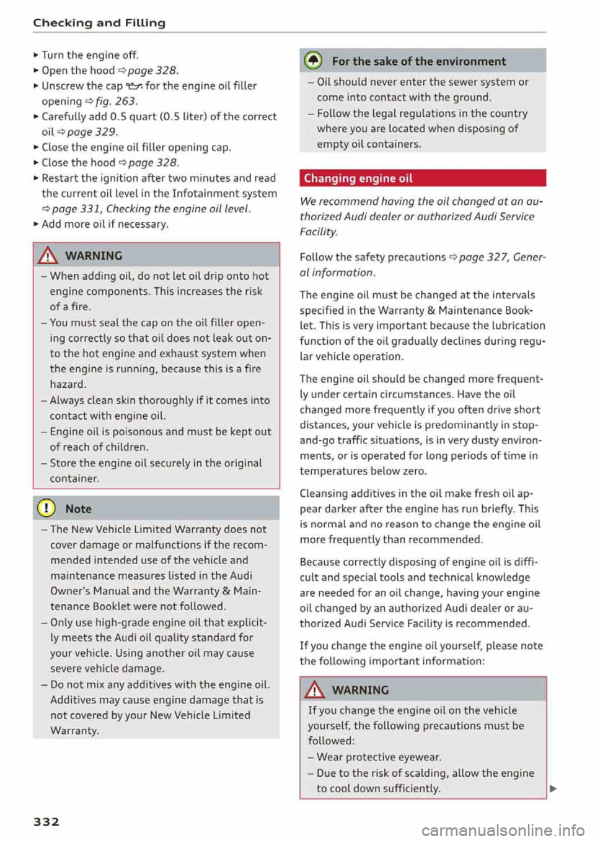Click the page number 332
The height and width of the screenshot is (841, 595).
[46, 822]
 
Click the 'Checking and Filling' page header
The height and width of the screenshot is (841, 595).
[99, 23]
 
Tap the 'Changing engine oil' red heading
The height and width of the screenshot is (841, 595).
[358, 178]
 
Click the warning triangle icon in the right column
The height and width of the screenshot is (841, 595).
[315, 689]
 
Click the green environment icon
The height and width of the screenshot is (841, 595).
[314, 61]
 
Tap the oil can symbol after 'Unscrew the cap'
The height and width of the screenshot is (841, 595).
[134, 86]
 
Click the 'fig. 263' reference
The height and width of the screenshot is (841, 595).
[116, 101]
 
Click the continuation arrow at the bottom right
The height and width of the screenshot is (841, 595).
[553, 789]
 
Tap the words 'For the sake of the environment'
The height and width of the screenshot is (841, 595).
[419, 61]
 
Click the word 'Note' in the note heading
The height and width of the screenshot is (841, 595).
[78, 509]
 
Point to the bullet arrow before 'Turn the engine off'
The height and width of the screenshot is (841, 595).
[37, 55]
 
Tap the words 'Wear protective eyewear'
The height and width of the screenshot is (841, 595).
[379, 757]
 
